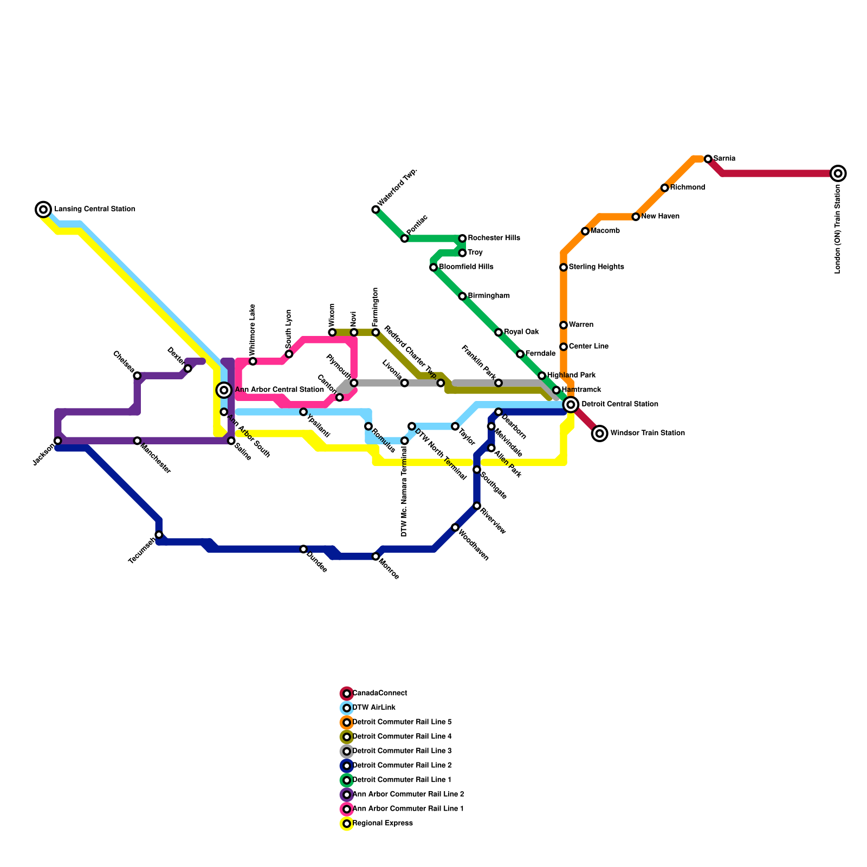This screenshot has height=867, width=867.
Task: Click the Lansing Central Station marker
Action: (43, 209)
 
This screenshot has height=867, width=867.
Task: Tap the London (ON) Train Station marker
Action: (838, 173)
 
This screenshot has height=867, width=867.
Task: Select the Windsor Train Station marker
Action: (599, 433)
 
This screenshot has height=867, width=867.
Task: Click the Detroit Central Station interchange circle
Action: (571, 404)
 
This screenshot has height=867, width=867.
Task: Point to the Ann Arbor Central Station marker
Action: (224, 390)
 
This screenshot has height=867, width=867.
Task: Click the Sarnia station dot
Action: (708, 159)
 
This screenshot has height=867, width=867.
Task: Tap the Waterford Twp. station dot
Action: (376, 210)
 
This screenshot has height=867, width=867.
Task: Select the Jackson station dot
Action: (58, 441)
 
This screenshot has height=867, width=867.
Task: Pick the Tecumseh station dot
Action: (159, 535)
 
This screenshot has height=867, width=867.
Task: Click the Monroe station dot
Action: (376, 557)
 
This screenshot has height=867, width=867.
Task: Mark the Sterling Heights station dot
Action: (564, 267)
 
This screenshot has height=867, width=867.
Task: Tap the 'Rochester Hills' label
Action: (494, 238)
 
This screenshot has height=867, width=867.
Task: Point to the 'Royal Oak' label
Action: (521, 332)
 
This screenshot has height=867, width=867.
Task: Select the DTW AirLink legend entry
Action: (373, 708)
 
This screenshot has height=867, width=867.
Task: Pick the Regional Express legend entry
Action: (382, 824)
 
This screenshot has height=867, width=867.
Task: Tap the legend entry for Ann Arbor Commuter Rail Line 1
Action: (407, 809)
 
